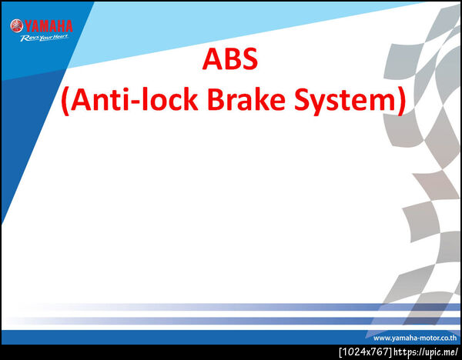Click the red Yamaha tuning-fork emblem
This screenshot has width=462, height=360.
[x=16, y=25]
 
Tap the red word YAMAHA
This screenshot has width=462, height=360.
[x=49, y=26]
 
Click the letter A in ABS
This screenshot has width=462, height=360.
[x=213, y=58]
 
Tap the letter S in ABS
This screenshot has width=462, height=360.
[x=249, y=58]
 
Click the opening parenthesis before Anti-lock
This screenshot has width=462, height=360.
[x=65, y=101]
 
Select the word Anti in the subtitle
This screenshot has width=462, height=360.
[x=99, y=99]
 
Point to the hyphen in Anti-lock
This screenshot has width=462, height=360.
[x=135, y=102]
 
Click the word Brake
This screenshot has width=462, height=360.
[x=246, y=99]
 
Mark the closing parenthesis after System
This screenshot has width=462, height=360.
[x=401, y=101]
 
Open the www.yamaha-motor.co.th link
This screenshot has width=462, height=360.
[x=415, y=338]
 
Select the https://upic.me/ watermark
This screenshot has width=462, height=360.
[x=426, y=352]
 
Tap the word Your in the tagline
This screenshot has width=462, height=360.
[x=46, y=38]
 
